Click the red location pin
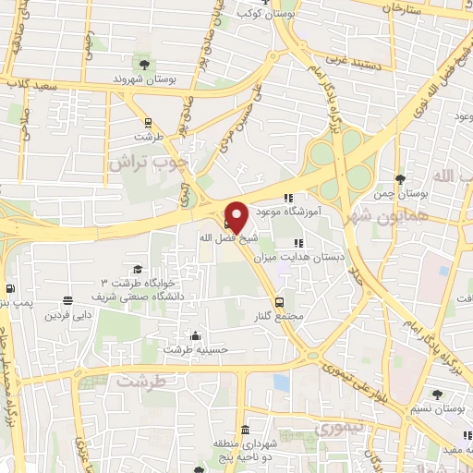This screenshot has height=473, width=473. coord(236,215)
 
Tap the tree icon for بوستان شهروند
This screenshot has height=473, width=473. coord(144,64)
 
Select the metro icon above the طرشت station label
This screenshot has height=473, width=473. coord(147,123)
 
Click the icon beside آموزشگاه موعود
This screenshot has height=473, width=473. coord(289,197)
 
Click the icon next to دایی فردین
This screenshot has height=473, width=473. coord(67,300)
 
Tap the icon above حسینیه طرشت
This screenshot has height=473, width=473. coord(195,335)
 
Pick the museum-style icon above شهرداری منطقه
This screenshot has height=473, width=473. coord(245,431)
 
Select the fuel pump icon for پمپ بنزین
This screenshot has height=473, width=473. coord(10,287)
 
